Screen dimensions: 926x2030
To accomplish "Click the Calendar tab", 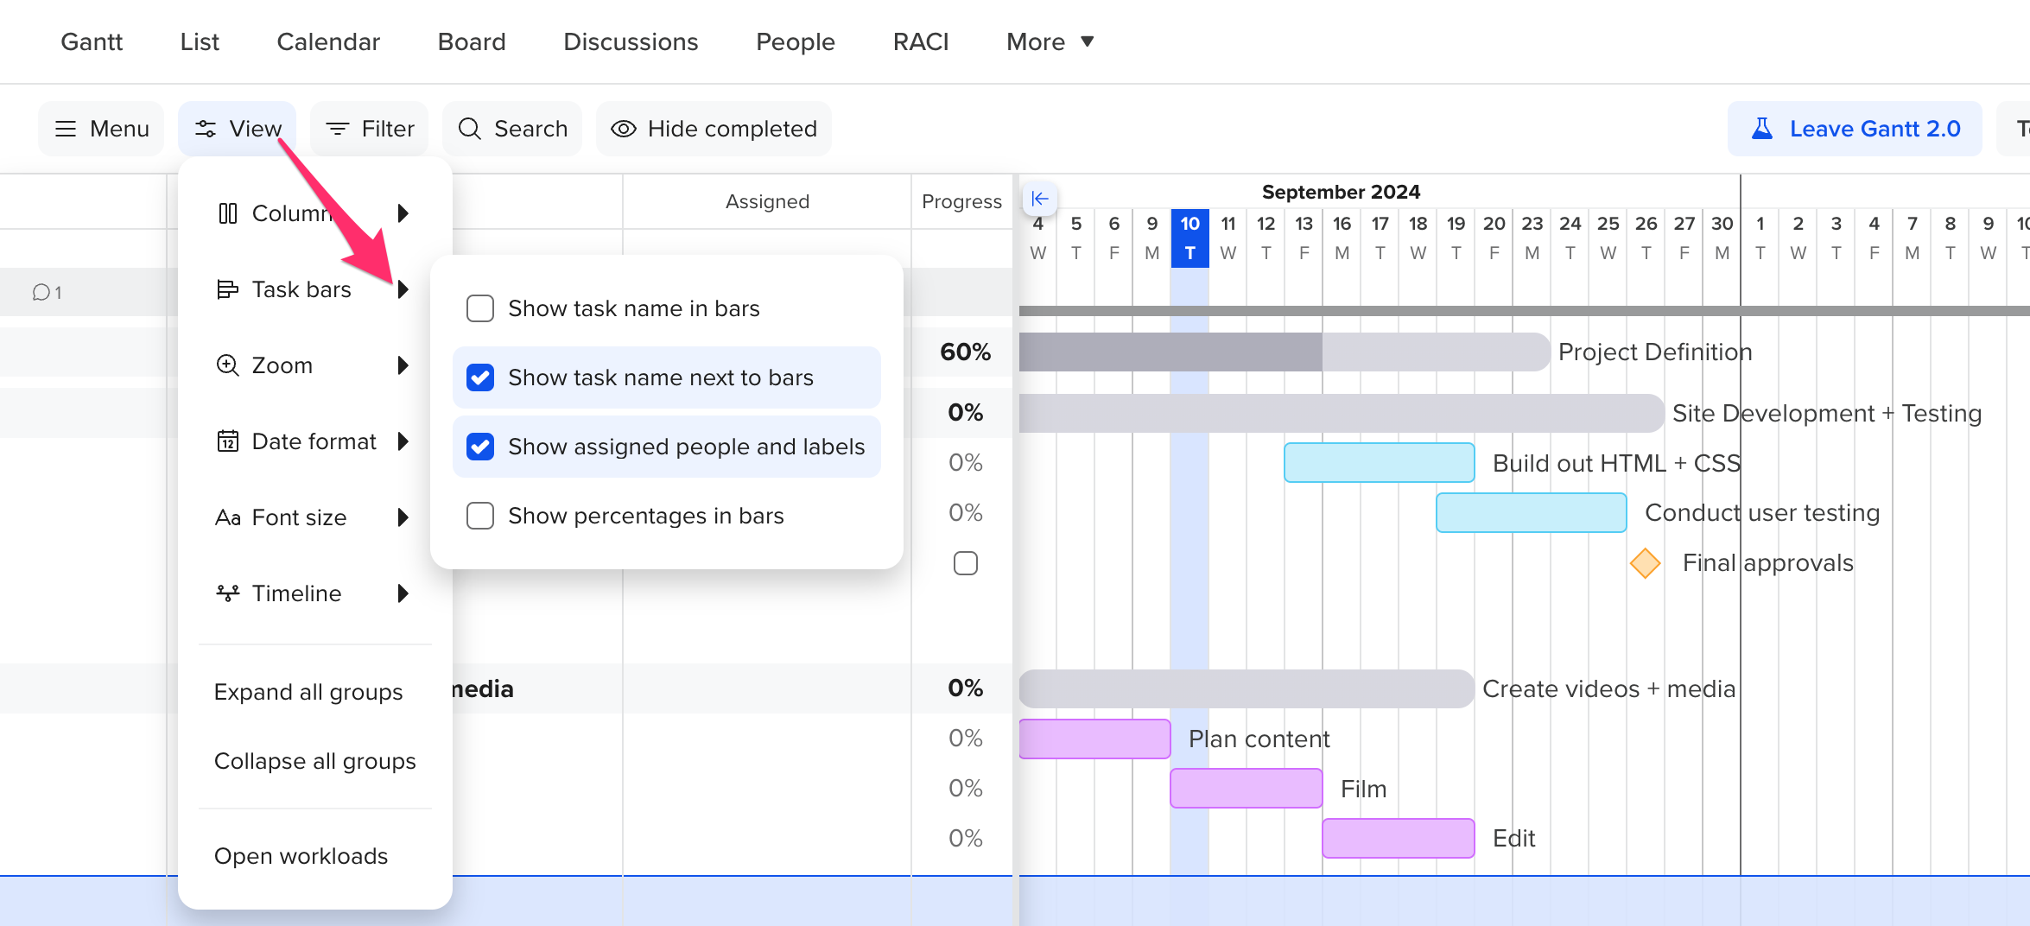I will coord(328,41).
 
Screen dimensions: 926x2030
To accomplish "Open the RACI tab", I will coord(921,41).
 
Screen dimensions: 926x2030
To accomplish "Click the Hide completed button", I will coord(714,129).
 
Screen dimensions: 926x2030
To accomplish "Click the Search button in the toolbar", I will coord(513,129).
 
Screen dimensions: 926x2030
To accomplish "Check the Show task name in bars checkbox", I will coord(480,308).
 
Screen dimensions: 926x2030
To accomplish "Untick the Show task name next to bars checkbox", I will coord(480,377).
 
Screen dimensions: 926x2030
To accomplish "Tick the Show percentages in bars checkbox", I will coord(480,516).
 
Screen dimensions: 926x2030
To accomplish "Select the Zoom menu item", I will coord(282,365).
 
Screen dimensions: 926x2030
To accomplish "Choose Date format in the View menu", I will coord(314,441).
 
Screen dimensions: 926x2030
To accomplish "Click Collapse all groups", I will coord(314,761).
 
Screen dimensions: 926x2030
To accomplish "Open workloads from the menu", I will coord(301,856).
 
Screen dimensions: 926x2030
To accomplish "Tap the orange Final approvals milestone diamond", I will coord(1645,563).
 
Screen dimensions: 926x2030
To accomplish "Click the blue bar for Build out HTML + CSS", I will coord(1379,463).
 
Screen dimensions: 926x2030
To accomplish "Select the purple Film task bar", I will coord(1246,789).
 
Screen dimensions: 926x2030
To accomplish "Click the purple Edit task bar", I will coord(1398,839).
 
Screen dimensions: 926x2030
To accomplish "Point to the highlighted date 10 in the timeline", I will coord(1189,225).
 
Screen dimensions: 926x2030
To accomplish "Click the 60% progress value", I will coord(965,352).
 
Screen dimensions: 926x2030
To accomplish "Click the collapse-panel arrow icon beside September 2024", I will coord(1040,199).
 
